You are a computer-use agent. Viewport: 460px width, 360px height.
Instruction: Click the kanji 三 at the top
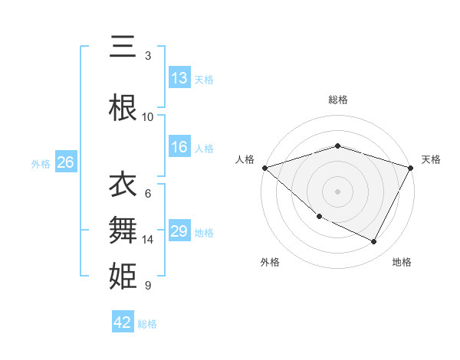123,48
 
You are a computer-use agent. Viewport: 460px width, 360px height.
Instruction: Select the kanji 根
123,108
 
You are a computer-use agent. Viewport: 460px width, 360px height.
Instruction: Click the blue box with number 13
179,78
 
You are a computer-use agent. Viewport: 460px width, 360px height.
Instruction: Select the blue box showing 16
179,147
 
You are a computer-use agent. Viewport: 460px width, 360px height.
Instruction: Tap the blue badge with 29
179,231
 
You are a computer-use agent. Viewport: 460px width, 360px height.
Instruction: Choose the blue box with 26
65,162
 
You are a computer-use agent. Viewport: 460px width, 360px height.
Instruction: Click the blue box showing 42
123,322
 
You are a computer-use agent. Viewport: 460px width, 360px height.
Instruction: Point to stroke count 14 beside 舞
148,240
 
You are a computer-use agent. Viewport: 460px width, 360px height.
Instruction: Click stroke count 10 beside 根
148,117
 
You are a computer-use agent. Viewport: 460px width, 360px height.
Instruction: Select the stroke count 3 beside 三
148,56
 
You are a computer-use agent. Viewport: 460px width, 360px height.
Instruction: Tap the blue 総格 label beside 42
147,324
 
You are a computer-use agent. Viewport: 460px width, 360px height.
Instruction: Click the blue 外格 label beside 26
41,163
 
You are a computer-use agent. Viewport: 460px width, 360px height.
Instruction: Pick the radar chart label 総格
337,100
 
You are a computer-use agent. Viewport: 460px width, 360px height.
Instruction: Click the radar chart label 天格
431,159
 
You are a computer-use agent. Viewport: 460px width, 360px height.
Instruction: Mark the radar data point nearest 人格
264,168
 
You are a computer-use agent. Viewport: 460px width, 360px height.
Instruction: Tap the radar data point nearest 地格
374,242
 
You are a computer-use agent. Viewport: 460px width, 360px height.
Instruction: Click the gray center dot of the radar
337,191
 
